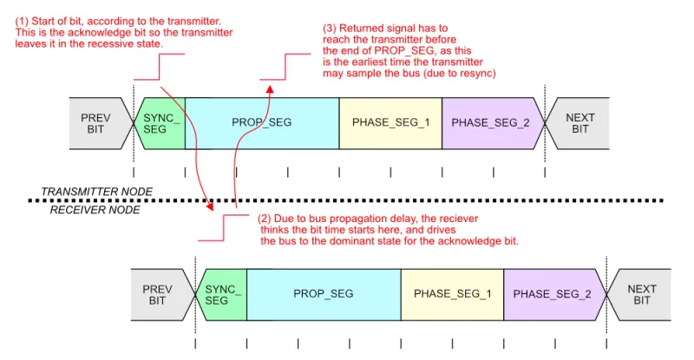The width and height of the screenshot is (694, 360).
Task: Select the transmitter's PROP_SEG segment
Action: coord(262,122)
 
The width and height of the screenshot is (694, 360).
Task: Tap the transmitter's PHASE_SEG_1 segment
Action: coord(390,122)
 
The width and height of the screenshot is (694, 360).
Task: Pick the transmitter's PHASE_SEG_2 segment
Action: coord(490,122)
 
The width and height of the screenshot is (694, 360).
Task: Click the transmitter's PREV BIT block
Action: coord(97,123)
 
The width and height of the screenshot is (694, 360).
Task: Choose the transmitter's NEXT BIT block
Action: coord(579,123)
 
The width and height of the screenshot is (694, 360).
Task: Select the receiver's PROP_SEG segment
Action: coord(324,294)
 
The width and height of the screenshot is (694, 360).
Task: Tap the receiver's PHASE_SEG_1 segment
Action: coord(452,294)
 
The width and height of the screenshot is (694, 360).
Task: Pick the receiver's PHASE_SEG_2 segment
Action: coord(552,294)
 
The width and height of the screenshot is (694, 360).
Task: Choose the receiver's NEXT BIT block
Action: coord(641,295)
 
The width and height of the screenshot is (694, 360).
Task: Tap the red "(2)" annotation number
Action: coord(267,219)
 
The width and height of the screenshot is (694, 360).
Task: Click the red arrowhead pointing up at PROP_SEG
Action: coord(270,88)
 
